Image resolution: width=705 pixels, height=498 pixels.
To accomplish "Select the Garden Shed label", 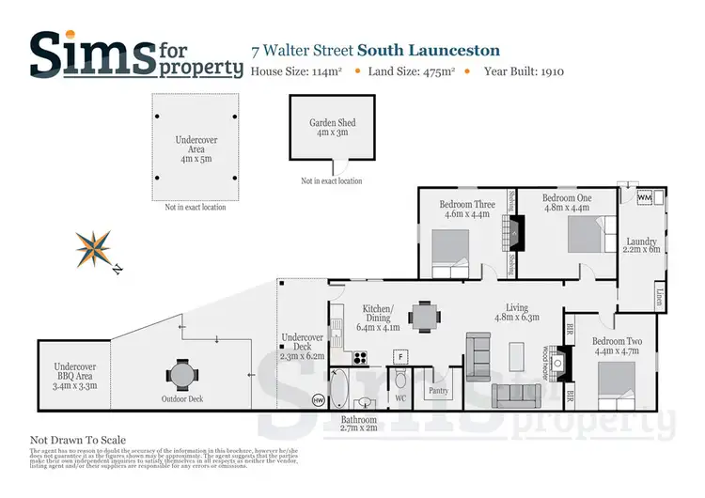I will (x=333, y=128).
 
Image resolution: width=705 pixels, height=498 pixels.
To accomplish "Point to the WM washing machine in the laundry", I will (x=645, y=199).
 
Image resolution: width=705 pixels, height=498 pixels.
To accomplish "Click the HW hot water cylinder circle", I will (x=319, y=399).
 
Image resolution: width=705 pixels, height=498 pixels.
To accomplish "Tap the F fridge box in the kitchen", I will (x=399, y=357).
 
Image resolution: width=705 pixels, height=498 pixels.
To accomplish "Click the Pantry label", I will (x=438, y=391).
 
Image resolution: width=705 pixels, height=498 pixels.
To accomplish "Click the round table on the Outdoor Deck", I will (x=180, y=374).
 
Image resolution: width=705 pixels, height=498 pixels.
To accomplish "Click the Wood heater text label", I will (x=545, y=357).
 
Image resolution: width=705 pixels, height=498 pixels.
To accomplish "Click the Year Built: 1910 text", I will (x=524, y=71).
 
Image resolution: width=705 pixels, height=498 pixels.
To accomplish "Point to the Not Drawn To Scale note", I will (x=78, y=440).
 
